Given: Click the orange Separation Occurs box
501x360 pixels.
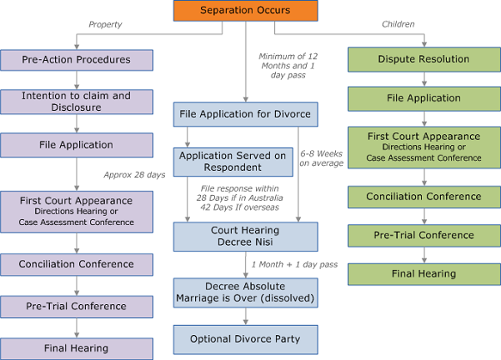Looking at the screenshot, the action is (246, 10).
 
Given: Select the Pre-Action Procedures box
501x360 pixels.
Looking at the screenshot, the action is (76, 60).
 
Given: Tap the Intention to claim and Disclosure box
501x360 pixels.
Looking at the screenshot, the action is (76, 101).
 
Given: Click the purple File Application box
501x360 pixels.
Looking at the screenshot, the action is (76, 145).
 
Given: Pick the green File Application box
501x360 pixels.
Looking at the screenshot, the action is (425, 99).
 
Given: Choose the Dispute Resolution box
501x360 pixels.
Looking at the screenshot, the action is (425, 59).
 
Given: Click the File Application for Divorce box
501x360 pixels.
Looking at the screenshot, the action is (246, 114).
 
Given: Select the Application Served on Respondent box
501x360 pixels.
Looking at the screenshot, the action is (233, 162).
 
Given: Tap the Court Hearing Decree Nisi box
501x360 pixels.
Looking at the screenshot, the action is (246, 236).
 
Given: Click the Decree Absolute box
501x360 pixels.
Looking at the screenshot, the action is (246, 293).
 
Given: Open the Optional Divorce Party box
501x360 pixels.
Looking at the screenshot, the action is (246, 339).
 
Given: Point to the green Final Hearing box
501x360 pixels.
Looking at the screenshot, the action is (425, 274).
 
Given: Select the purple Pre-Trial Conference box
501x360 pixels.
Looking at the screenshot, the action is (76, 307).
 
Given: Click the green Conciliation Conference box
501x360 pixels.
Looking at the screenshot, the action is (425, 197).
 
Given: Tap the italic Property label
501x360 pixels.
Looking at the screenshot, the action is (106, 25).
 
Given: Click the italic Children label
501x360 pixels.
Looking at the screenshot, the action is (398, 24).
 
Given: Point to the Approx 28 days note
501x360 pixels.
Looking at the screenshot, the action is (135, 175).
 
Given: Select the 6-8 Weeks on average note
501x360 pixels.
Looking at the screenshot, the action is (321, 158).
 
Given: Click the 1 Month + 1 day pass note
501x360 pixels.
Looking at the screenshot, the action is (295, 265).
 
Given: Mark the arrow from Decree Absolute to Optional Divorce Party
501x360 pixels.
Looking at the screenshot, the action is (246, 316).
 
